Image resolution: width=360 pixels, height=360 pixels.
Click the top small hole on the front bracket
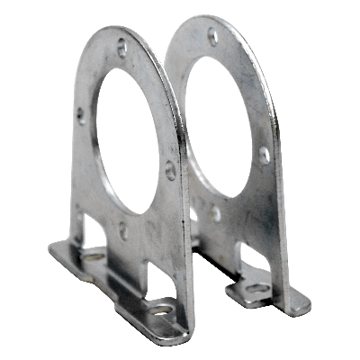click(122, 49)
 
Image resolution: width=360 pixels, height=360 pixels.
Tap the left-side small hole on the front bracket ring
click(81, 114)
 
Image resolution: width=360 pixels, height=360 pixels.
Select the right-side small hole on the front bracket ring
click(171, 167)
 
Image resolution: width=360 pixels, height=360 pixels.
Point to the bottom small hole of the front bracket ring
click(123, 230)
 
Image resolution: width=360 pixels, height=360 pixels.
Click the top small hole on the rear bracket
click(212, 37)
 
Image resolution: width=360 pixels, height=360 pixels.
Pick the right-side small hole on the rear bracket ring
click(265, 154)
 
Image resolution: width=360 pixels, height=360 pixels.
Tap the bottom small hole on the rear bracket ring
click(216, 214)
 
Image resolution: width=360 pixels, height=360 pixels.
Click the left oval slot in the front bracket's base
click(93, 256)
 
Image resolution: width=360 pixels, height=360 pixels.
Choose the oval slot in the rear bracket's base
click(256, 288)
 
